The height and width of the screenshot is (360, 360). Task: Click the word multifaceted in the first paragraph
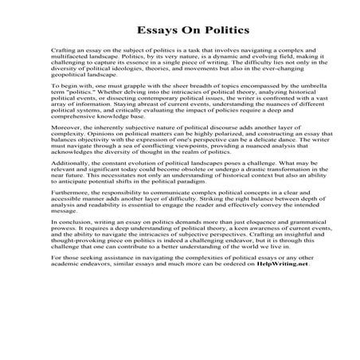click(66, 57)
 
